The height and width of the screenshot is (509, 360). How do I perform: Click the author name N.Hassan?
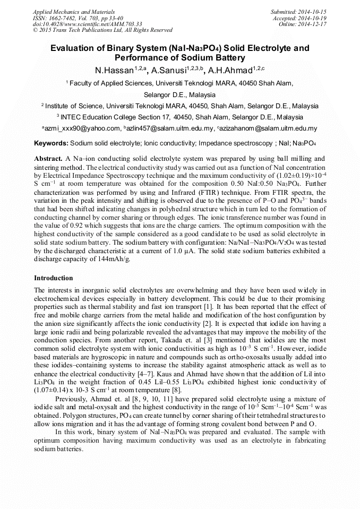pos(113,71)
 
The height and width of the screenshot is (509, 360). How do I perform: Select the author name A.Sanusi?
pos(168,71)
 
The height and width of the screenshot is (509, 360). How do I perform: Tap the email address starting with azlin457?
pos(168,128)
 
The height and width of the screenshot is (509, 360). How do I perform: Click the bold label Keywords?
pos(51,143)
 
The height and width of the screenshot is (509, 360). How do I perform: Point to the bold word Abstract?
pos(48,159)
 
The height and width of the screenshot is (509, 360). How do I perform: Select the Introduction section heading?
pos(54,278)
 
